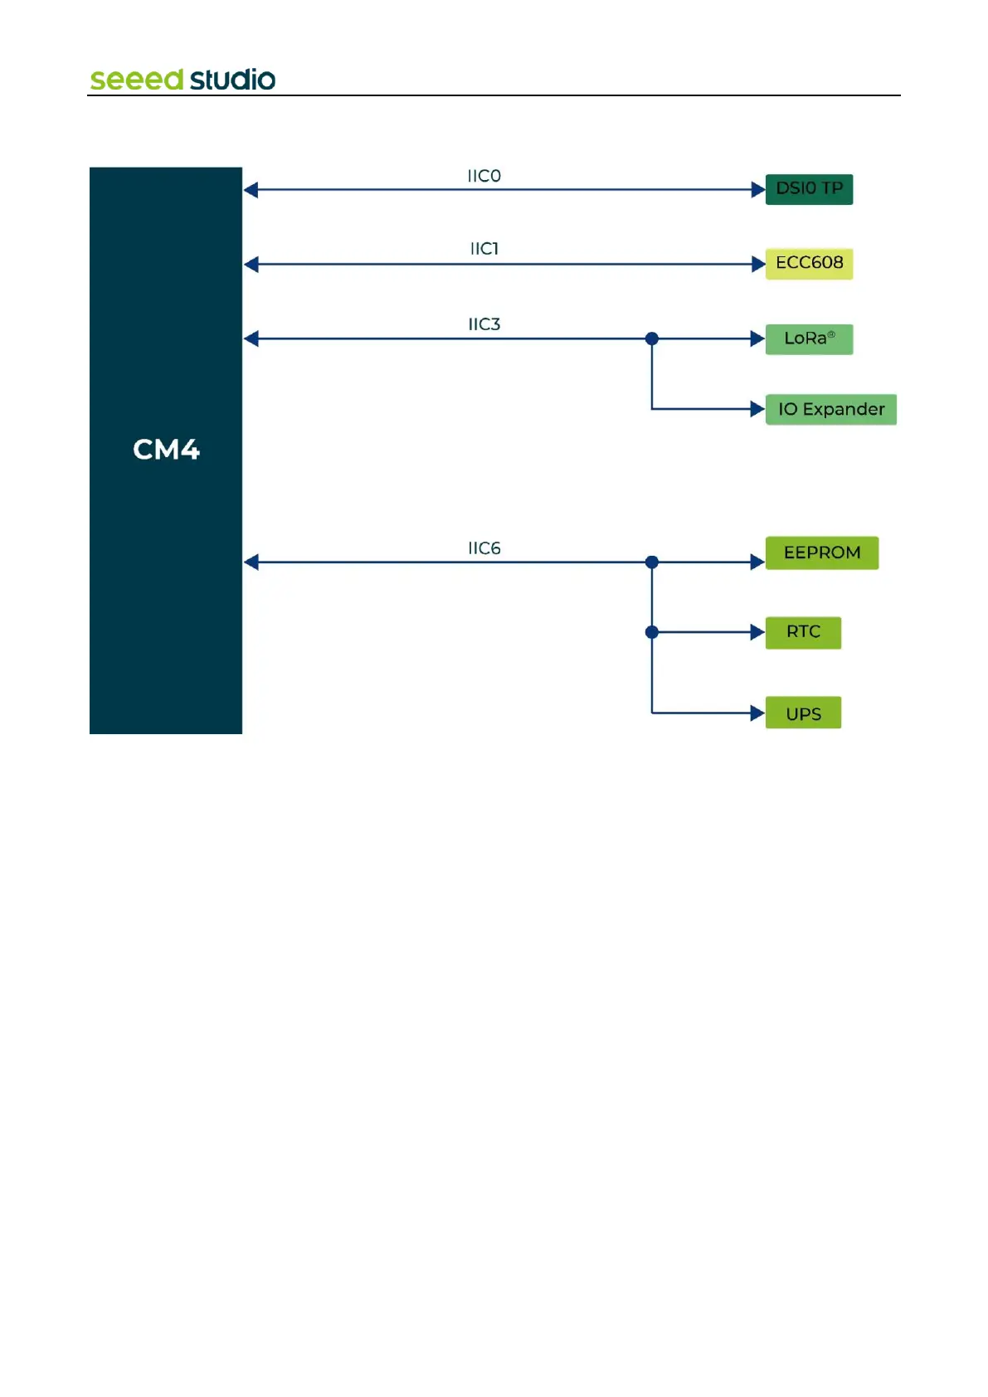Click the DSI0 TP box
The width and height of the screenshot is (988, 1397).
(808, 189)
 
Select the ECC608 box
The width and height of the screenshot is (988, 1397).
(808, 264)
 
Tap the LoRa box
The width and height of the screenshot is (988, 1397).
(808, 338)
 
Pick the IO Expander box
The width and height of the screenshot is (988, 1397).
(830, 409)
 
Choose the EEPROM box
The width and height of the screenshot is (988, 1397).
(821, 552)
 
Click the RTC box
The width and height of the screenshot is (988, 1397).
(802, 632)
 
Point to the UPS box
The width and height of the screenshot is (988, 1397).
(802, 713)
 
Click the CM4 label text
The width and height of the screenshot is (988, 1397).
(166, 450)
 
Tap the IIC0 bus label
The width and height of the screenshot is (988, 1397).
(484, 176)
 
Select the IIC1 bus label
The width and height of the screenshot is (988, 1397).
(484, 249)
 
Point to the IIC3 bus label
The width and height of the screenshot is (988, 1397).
(484, 324)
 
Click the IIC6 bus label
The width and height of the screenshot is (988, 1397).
(484, 548)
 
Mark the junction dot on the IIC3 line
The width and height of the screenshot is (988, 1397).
(652, 338)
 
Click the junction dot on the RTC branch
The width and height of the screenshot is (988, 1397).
(652, 632)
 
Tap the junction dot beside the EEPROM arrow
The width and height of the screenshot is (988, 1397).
(652, 562)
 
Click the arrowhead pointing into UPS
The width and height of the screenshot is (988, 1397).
(757, 713)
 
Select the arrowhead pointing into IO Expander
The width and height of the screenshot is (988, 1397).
(757, 409)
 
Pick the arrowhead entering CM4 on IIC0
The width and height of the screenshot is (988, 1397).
(251, 190)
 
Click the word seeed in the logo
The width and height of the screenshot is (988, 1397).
(136, 80)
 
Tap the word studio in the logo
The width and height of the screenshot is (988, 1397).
(232, 80)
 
